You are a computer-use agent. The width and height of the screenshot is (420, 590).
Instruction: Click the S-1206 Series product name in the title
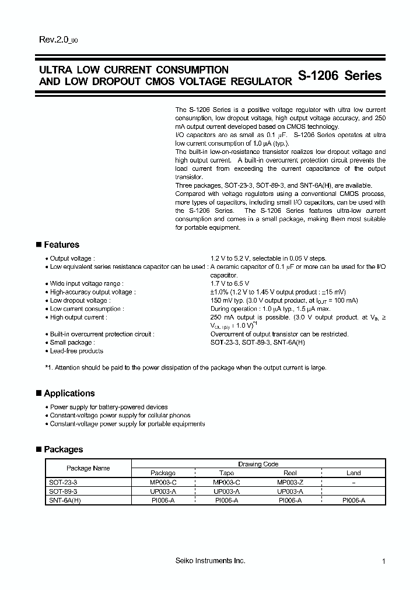coord(339,76)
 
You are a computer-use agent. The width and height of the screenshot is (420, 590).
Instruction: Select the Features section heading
coord(61,245)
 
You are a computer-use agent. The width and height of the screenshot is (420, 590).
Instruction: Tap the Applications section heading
coord(69,394)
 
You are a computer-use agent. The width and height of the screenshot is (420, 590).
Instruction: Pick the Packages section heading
coord(63,449)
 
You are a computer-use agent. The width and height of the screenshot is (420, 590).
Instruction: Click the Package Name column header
coord(88,468)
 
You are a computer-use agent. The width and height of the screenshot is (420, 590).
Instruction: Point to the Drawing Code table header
coord(258,464)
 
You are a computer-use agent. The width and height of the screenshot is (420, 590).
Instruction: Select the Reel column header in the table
coord(290,473)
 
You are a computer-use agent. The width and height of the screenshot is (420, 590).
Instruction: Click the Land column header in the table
coord(353,473)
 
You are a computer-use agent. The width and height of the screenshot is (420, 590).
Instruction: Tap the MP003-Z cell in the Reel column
coord(290,483)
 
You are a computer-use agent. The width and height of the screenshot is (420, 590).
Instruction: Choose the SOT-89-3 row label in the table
coord(62,491)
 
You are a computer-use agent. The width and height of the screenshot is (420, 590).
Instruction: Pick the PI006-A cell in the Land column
coord(353,500)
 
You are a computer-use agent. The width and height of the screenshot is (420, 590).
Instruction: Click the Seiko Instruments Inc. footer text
coord(210,561)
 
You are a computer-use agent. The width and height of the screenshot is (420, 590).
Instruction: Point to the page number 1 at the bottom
coord(384,561)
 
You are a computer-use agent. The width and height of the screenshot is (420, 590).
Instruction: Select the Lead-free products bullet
coord(76,351)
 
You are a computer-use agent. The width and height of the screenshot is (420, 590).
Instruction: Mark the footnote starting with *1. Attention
coord(185,368)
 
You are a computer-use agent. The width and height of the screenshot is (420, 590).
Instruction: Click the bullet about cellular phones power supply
coord(120,416)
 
